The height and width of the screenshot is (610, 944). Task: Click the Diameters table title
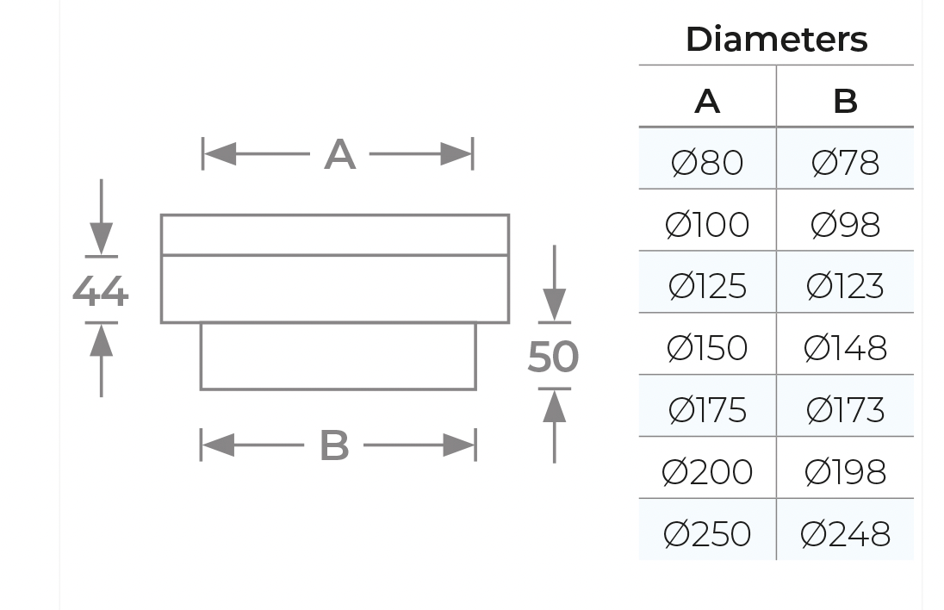[776, 40]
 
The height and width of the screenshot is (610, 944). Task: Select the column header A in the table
[707, 101]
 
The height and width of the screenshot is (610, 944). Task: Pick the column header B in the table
[845, 101]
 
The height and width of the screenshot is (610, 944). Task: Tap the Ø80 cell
[707, 163]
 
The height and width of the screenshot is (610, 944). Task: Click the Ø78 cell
[845, 163]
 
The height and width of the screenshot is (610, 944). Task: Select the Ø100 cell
[707, 225]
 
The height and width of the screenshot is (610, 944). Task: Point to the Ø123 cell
[845, 286]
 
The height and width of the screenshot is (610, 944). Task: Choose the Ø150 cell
[707, 348]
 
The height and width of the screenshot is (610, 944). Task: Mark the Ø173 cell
[845, 410]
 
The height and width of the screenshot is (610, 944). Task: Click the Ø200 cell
[707, 472]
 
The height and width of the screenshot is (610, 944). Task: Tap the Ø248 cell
[845, 534]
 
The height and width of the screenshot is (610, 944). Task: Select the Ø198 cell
[845, 472]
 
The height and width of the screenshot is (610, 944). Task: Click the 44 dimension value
[100, 291]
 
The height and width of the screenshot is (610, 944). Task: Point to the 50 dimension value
[553, 357]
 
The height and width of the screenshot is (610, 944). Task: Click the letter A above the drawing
[339, 155]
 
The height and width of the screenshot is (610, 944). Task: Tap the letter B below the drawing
[335, 445]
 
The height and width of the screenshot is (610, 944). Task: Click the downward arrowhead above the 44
[101, 239]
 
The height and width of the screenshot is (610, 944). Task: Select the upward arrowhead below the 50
[555, 406]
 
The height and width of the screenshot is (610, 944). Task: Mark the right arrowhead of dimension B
[459, 445]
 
